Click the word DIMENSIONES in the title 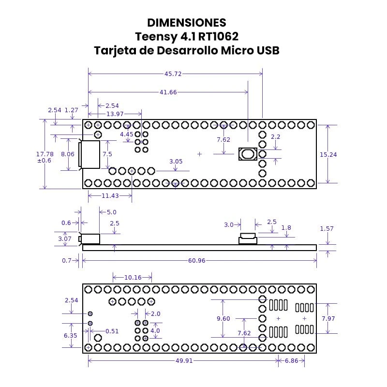[x=186, y=23]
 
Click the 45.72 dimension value [x=173, y=74]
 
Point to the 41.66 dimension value [x=168, y=92]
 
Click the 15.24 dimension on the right [x=328, y=154]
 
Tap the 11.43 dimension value [x=110, y=195]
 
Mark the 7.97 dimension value [x=328, y=318]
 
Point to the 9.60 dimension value [x=223, y=318]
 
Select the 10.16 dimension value [x=133, y=277]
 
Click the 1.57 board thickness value [x=327, y=228]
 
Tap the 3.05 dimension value [x=176, y=162]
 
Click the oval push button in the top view [x=248, y=154]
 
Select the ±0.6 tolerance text [x=44, y=160]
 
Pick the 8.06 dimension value [x=68, y=154]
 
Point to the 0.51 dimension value [x=112, y=331]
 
